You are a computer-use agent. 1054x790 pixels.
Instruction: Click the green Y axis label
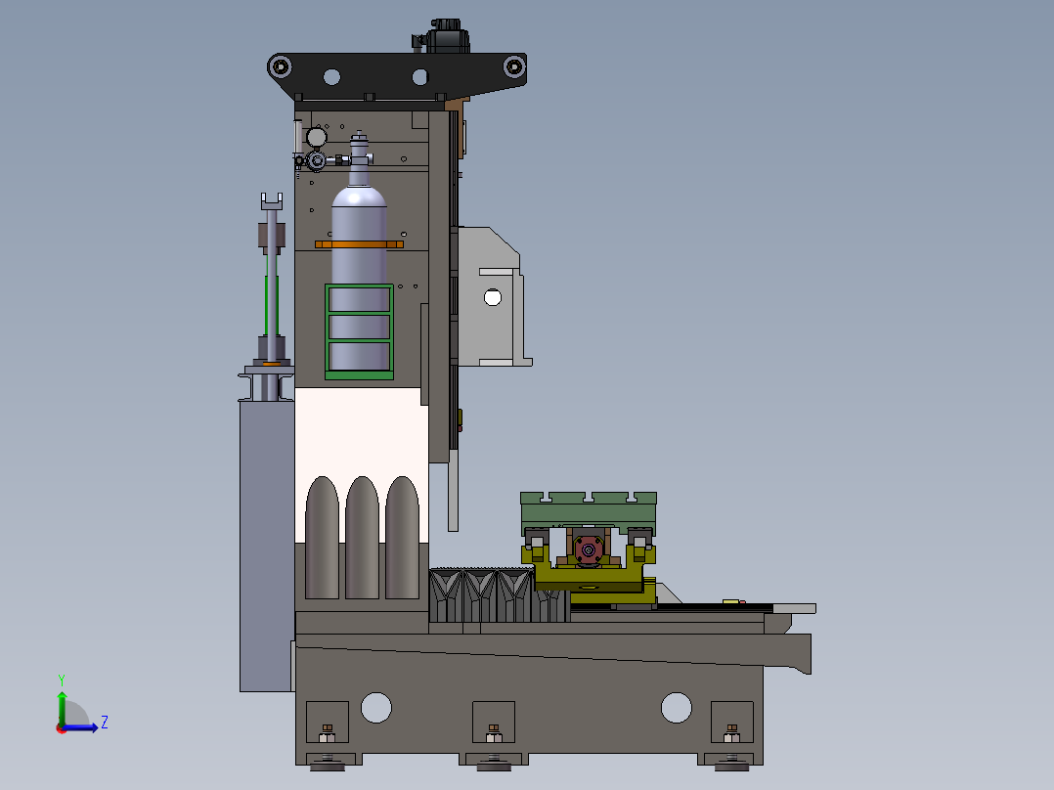point(62,680)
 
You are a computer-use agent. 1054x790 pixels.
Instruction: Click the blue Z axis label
point(105,723)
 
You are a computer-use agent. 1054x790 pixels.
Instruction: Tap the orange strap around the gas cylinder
point(359,244)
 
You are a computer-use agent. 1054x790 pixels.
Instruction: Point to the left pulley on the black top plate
point(280,66)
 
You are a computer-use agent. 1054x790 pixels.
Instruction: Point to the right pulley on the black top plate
point(514,66)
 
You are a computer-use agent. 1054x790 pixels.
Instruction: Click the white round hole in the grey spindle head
point(493,297)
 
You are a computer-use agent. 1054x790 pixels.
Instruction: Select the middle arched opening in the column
point(363,537)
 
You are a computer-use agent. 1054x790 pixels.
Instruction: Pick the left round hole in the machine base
point(375,707)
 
